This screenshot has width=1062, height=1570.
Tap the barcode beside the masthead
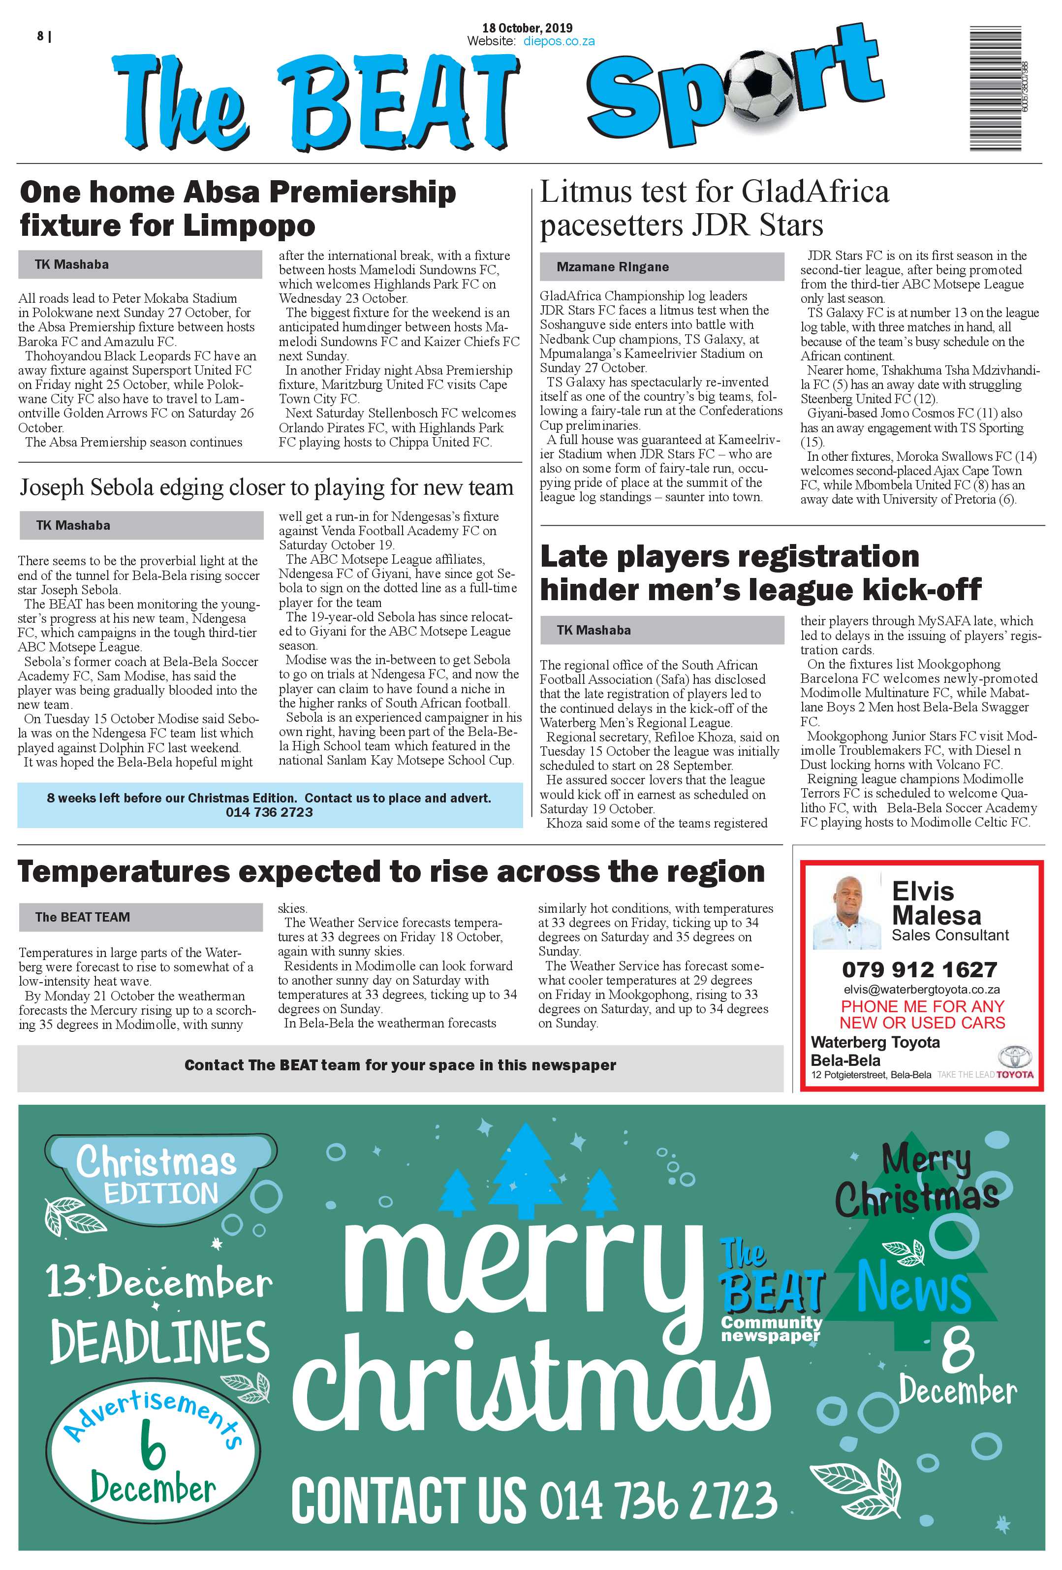pyautogui.click(x=995, y=89)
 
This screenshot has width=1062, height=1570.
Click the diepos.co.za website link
pyautogui.click(x=559, y=41)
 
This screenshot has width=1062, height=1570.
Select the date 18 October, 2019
pyautogui.click(x=527, y=28)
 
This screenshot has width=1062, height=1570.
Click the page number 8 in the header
pyautogui.click(x=40, y=36)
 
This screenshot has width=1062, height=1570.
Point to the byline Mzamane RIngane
pyautogui.click(x=612, y=267)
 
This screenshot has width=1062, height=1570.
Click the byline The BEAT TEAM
pyautogui.click(x=82, y=917)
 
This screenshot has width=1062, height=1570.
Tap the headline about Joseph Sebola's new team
pyautogui.click(x=266, y=487)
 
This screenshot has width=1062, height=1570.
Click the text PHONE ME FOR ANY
pyautogui.click(x=922, y=1007)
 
